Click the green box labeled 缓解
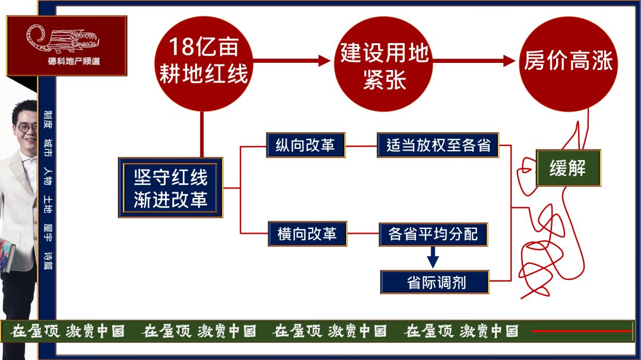pyautogui.click(x=568, y=168)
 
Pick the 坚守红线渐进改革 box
pyautogui.click(x=170, y=187)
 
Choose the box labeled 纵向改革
pyautogui.click(x=306, y=145)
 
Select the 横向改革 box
pyautogui.click(x=307, y=234)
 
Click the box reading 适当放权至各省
pyautogui.click(x=438, y=145)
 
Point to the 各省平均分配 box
pyautogui.click(x=433, y=234)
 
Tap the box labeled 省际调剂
pyautogui.click(x=435, y=282)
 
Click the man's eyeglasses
pyautogui.click(x=27, y=127)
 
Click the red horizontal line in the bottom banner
pyautogui.click(x=582, y=331)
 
